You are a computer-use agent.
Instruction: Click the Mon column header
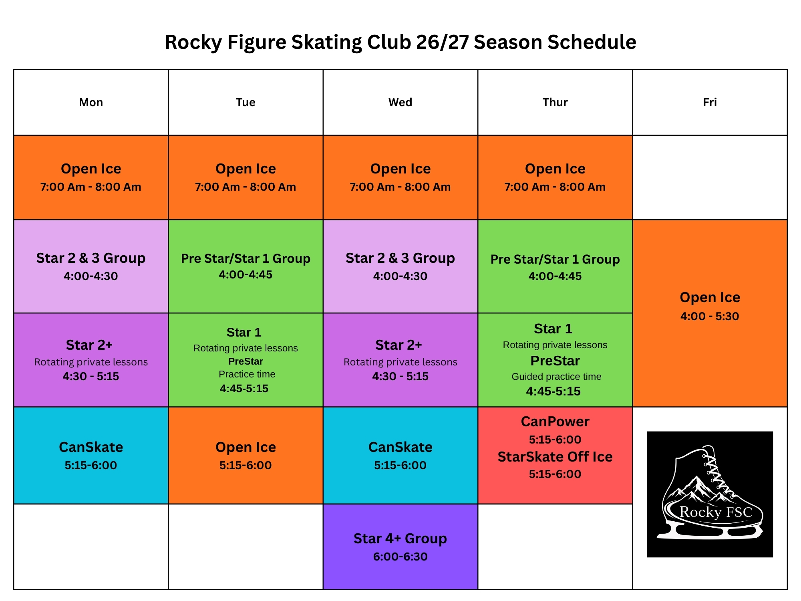pos(91,103)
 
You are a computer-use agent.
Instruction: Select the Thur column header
pos(555,103)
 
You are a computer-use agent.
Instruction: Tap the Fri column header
pos(710,103)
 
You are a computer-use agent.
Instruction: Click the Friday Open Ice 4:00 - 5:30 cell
pos(710,313)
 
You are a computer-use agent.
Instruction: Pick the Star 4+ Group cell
pos(400,547)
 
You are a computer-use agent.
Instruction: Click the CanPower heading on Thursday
pos(555,422)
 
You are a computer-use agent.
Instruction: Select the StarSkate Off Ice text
pos(555,457)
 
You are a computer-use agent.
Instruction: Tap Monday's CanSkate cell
pos(91,456)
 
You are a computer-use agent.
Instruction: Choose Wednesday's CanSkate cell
pos(400,456)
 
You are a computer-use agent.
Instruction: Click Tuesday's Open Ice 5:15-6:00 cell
pos(246,456)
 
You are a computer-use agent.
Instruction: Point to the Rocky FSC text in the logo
pos(716,512)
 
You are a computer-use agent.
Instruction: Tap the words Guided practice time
pos(556,377)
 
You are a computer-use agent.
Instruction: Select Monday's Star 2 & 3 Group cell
pos(91,266)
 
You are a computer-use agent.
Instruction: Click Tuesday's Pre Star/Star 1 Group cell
pos(246,266)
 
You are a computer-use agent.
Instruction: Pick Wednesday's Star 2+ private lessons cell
pos(400,360)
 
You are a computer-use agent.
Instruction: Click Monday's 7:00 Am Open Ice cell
pos(91,177)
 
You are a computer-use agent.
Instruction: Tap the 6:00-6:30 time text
pos(400,557)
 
